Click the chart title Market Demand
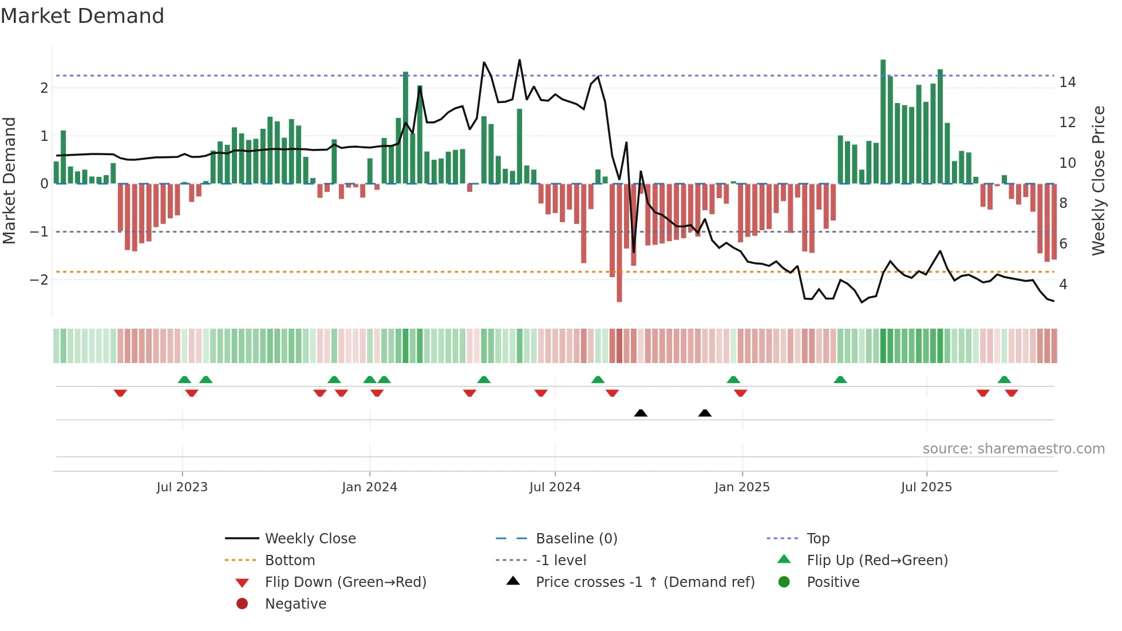[x=82, y=16]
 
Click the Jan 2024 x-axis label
[x=369, y=487]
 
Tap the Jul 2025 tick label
[x=926, y=487]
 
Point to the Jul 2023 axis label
[x=182, y=487]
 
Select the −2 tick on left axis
[x=39, y=280]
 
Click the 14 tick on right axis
[x=1067, y=82]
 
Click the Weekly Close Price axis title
[x=1098, y=180]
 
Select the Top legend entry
[x=818, y=539]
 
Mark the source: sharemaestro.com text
[x=1013, y=449]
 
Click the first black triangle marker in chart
[x=641, y=413]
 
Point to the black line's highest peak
[x=519, y=60]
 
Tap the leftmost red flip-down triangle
[x=120, y=393]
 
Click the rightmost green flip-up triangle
[x=1004, y=380]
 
